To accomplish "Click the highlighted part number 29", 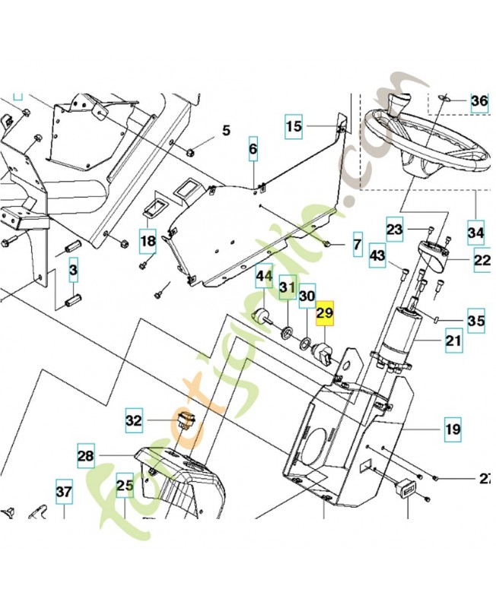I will pyautogui.click(x=325, y=313).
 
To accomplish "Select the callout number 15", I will pyautogui.click(x=294, y=127).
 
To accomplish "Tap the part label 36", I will pyautogui.click(x=479, y=101).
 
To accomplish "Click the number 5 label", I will pyautogui.click(x=226, y=131).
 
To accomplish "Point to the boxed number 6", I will pyautogui.click(x=253, y=150).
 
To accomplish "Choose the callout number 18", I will pyautogui.click(x=148, y=242).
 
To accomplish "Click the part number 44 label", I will pyautogui.click(x=264, y=274).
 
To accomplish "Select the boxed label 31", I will pyautogui.click(x=287, y=288).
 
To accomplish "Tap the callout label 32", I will pyautogui.click(x=134, y=419).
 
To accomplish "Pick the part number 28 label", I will pyautogui.click(x=85, y=456).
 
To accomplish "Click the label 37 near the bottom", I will pyautogui.click(x=64, y=492).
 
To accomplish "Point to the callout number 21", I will pyautogui.click(x=453, y=341).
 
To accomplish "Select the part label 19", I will pyautogui.click(x=453, y=429).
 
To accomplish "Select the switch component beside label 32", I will pyautogui.click(x=186, y=419).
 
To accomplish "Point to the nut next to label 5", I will pyautogui.click(x=192, y=145).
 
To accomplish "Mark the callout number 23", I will pyautogui.click(x=394, y=228).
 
